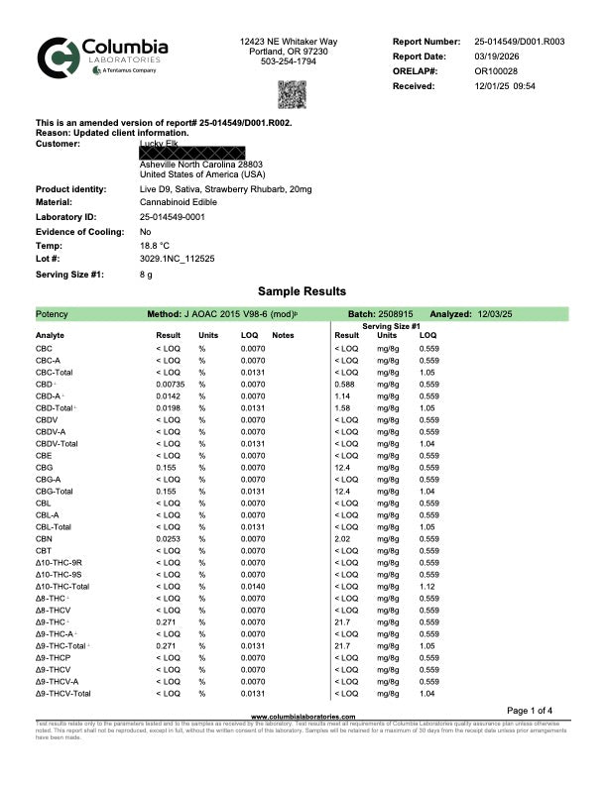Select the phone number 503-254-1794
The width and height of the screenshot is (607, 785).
289,61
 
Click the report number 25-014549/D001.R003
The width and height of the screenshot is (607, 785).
520,42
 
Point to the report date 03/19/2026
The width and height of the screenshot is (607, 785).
498,56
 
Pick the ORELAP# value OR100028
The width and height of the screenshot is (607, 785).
496,71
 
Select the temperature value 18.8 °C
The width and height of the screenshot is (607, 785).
155,244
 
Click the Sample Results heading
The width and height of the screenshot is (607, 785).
303,291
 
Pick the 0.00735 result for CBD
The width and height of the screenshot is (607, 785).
170,384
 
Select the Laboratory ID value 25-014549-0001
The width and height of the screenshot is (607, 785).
173,215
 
